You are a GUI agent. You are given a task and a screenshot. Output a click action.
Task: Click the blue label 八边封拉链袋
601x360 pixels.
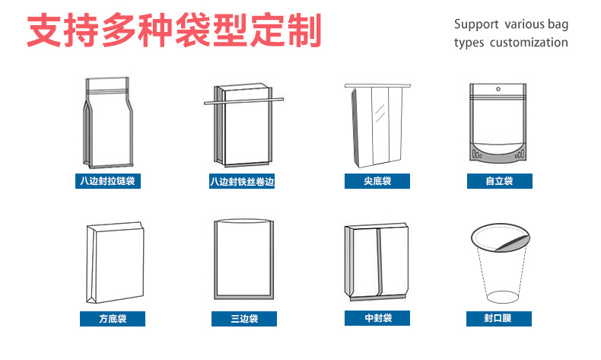coord(110,181)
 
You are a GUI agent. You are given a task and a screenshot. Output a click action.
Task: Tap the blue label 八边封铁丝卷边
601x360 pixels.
coord(241,182)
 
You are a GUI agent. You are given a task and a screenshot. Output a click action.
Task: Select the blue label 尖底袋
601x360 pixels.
coord(377,181)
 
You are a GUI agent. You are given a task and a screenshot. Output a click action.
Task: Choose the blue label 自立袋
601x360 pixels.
coord(499,181)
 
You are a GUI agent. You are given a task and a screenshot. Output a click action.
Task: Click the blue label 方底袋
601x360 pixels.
coord(112,319)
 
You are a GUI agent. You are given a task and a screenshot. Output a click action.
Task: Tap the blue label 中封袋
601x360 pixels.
coord(377,318)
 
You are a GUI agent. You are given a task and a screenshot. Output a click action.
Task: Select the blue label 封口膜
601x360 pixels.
coord(499,319)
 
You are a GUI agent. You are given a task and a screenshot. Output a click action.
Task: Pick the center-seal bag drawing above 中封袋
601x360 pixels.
coord(377,263)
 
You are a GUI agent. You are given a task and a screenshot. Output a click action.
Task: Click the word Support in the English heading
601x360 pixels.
coord(476,24)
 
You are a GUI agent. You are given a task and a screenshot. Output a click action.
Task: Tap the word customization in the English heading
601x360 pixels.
coord(529,43)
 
